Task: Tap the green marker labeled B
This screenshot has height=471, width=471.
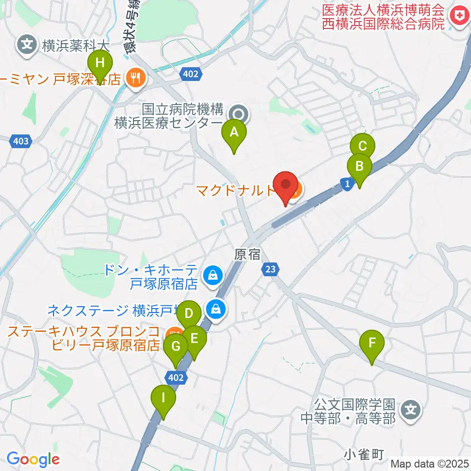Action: coord(359,166)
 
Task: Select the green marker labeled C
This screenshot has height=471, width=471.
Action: coord(363,146)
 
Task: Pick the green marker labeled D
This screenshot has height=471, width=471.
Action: coord(189,313)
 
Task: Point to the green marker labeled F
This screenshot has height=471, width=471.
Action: coord(372,342)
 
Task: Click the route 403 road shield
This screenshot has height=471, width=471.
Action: coord(21,141)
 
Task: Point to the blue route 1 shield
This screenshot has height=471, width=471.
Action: coord(347,183)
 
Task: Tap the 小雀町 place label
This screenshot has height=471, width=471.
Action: coord(363,454)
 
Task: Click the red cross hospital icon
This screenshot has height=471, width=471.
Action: coord(460,17)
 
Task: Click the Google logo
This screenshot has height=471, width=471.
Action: coord(33,459)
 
